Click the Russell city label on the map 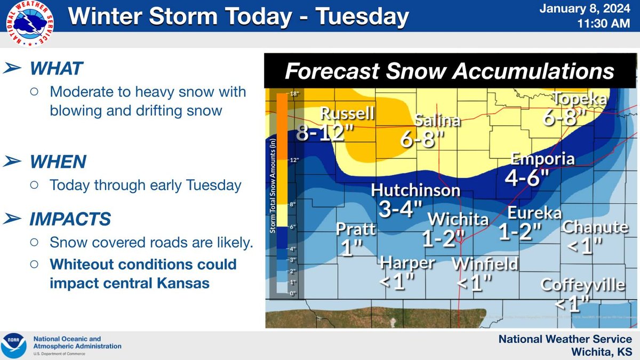pos(348,114)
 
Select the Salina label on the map pos(438,121)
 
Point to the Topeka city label pos(580,99)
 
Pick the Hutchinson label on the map pos(415,190)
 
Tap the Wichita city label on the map pos(458,219)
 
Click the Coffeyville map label pos(582,285)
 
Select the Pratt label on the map pos(356,229)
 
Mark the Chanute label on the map pos(595,227)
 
